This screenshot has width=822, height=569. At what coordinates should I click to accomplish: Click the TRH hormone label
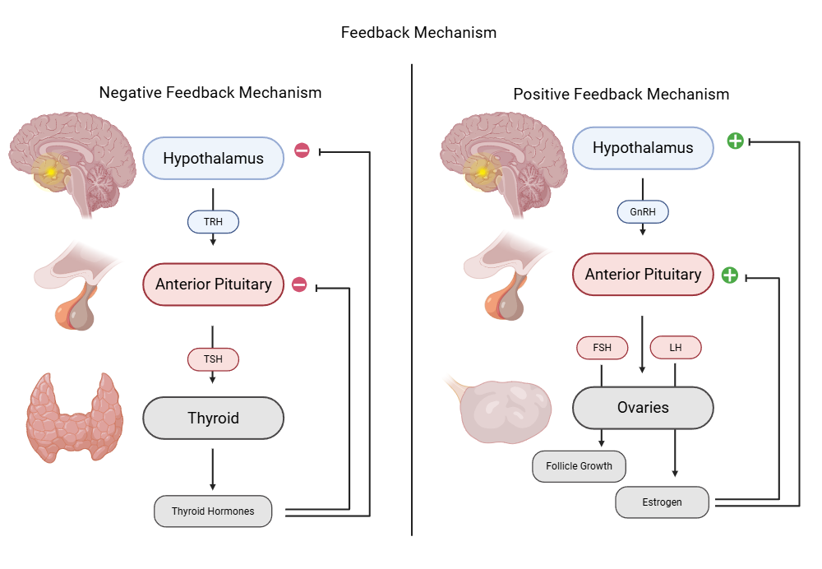213,222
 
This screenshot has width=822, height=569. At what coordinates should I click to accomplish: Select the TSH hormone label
213,359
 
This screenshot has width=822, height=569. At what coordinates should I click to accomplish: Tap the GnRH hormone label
643,212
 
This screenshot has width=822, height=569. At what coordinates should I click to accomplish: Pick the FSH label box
602,347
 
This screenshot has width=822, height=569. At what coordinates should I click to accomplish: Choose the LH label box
675,347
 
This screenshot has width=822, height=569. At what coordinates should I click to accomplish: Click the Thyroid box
213,418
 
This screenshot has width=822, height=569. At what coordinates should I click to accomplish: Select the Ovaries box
643,408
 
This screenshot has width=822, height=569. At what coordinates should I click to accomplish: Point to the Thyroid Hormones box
213,511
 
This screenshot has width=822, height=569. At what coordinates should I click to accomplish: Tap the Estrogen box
662,502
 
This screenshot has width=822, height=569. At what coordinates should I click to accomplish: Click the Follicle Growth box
579,466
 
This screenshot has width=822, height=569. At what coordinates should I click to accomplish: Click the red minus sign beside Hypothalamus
302,150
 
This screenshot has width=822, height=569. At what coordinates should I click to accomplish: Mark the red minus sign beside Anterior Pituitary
299,284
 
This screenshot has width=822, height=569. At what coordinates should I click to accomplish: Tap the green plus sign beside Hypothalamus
736,141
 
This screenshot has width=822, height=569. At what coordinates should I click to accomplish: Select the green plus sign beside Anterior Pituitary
729,275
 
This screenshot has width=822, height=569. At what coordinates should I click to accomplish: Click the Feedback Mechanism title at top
418,33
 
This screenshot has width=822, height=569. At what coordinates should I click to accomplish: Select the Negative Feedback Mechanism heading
210,93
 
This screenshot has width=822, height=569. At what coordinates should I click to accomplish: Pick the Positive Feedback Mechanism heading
621,95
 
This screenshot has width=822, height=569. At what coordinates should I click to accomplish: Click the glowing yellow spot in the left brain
51,171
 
